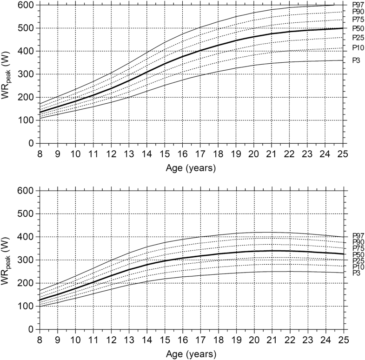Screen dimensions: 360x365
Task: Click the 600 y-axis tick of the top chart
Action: pyautogui.click(x=28, y=5)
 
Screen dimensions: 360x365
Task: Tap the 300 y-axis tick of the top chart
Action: pyautogui.click(x=28, y=74)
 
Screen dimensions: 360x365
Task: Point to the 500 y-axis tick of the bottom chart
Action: pyautogui.click(x=28, y=214)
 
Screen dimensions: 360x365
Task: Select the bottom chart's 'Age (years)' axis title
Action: pyautogui.click(x=191, y=353)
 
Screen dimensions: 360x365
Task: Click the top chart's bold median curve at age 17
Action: pyautogui.click(x=200, y=50)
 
